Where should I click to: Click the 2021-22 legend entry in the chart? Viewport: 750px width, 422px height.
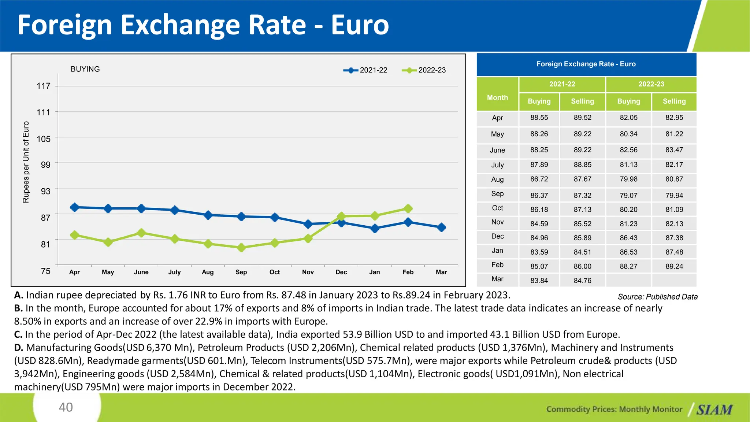click(365, 70)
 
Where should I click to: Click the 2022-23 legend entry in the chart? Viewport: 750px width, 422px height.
click(424, 70)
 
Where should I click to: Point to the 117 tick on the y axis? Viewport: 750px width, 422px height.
click(44, 86)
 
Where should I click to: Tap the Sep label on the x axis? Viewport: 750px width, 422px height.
click(241, 272)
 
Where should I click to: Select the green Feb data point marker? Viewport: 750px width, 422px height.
click(408, 208)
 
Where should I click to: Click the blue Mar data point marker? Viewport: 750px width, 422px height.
click(442, 227)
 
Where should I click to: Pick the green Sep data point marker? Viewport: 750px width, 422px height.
click(241, 248)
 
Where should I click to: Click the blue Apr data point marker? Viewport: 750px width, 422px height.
click(74, 207)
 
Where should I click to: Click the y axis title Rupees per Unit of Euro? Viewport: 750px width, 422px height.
click(26, 162)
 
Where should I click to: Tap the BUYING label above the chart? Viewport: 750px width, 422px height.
click(85, 69)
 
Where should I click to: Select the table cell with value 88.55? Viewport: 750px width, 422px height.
click(539, 118)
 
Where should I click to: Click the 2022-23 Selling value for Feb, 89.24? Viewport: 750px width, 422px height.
click(674, 266)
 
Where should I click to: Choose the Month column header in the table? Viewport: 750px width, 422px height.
click(497, 97)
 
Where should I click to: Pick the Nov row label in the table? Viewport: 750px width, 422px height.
click(497, 222)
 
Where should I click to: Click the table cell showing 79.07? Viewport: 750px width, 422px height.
click(628, 196)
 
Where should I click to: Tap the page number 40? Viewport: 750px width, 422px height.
click(66, 407)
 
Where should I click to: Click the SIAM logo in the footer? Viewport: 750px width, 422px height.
click(714, 410)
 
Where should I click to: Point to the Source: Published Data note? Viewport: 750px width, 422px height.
click(657, 297)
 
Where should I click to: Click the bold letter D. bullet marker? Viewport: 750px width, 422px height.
click(19, 348)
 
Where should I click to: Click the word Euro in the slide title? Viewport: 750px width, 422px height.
click(360, 25)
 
